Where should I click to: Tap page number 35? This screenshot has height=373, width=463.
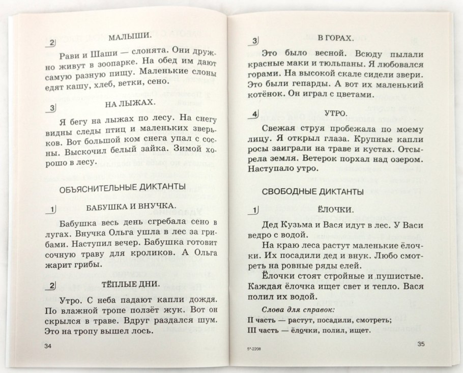[420, 344]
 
